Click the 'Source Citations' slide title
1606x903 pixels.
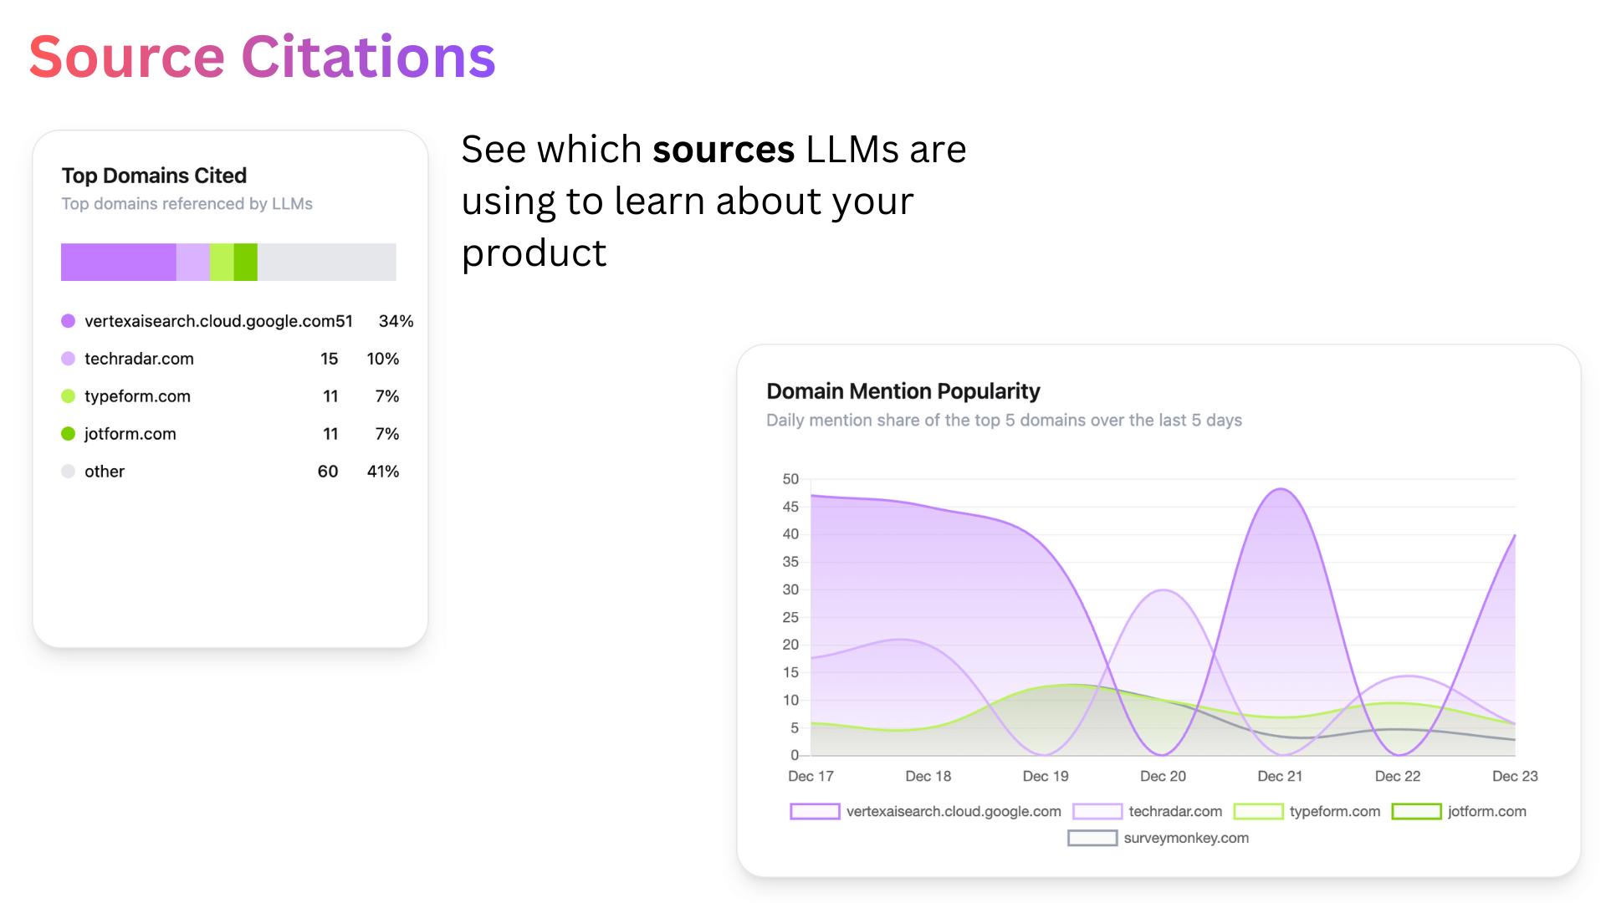pos(262,57)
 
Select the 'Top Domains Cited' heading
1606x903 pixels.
pos(154,176)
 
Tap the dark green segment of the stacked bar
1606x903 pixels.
pos(245,262)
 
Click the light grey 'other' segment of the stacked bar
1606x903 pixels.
pos(326,262)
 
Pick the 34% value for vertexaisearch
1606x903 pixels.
pos(396,321)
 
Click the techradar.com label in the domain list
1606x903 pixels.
pos(139,359)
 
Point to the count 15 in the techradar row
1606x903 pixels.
pos(329,359)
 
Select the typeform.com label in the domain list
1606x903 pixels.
pos(137,396)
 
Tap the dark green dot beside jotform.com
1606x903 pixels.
pos(69,433)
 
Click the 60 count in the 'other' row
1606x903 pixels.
pos(328,472)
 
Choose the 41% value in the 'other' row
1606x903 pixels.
pos(383,472)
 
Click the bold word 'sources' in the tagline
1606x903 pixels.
pos(724,150)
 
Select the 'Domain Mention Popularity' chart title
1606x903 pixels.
pos(903,391)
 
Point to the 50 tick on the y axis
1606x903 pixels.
pos(790,479)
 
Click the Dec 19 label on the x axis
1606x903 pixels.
pos(1046,776)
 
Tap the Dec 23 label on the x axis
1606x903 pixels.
pos(1514,776)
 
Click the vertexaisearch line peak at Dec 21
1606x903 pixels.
pos(1281,489)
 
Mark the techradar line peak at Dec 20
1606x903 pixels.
pos(1164,590)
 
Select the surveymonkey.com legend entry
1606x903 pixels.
pos(1185,838)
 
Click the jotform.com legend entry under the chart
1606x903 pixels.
pos(1486,811)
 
